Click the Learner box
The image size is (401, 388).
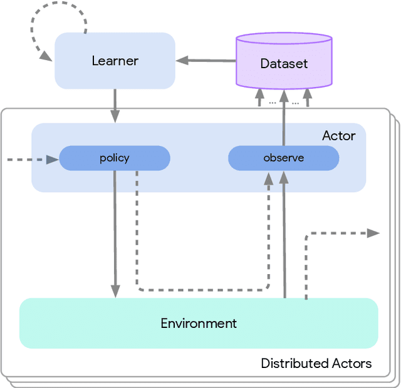[x=115, y=61]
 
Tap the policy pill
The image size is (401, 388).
[x=115, y=158]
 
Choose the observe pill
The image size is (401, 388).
[x=283, y=158]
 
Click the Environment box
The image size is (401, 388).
[x=199, y=323]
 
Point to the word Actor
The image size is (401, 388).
[x=338, y=136]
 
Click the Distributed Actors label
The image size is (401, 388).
[x=316, y=364]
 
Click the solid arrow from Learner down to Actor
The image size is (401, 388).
[x=115, y=105]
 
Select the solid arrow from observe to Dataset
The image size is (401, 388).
[x=284, y=125]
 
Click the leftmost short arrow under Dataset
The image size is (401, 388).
[x=259, y=98]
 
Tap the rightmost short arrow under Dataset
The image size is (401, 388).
[x=307, y=98]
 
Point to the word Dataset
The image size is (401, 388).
[x=284, y=64]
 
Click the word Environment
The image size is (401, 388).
[x=199, y=324]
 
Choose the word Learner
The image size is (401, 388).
[x=115, y=61]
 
